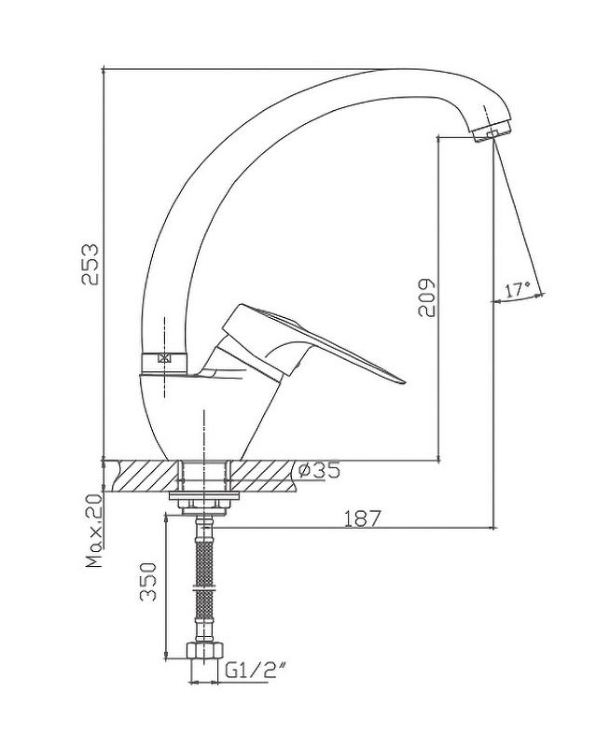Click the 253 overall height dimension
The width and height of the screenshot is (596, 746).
coord(90,264)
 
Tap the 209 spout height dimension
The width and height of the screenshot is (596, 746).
coord(426,297)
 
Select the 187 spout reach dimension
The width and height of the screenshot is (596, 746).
coord(363,518)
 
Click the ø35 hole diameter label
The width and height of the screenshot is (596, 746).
coord(319,470)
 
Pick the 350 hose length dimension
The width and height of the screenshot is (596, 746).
coord(148,581)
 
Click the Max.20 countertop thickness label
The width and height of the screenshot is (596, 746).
coord(94,531)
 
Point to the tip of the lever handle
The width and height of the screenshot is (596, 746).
coord(404,381)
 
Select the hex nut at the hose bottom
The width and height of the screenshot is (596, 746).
coord(204,650)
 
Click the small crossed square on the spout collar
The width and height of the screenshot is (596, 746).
coord(164,358)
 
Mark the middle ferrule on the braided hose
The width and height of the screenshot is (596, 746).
coord(204,587)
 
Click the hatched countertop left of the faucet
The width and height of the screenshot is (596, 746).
coord(141,476)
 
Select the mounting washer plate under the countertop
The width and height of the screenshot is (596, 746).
coord(203,496)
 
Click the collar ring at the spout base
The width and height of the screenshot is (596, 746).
coord(164,363)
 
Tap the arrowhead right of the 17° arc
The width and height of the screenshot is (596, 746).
coord(540,295)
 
